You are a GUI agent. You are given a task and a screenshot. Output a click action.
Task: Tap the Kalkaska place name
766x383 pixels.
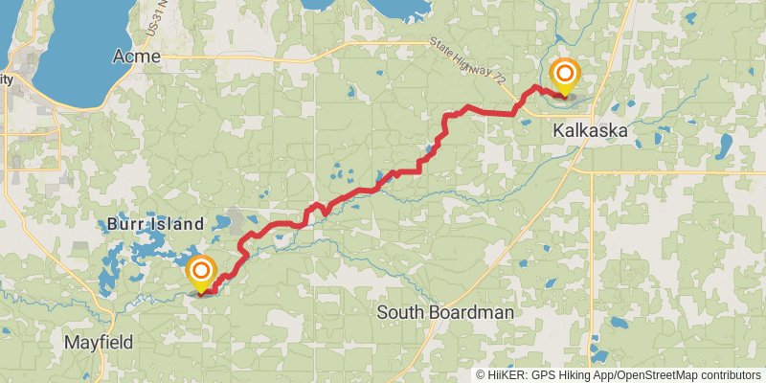pyautogui.click(x=594, y=134)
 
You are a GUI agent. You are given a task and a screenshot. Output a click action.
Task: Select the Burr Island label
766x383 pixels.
pyautogui.click(x=155, y=224)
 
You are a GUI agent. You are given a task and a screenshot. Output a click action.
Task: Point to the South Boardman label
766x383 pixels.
pyautogui.click(x=445, y=313)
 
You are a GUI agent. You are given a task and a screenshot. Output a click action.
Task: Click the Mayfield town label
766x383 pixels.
pyautogui.click(x=98, y=342)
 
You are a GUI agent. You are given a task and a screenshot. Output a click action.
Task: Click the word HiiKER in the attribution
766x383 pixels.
pyautogui.click(x=507, y=375)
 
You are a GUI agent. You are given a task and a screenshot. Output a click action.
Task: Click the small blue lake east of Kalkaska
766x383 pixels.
pyautogui.click(x=725, y=146)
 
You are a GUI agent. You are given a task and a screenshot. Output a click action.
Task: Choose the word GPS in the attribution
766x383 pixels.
pyautogui.click(x=543, y=375)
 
